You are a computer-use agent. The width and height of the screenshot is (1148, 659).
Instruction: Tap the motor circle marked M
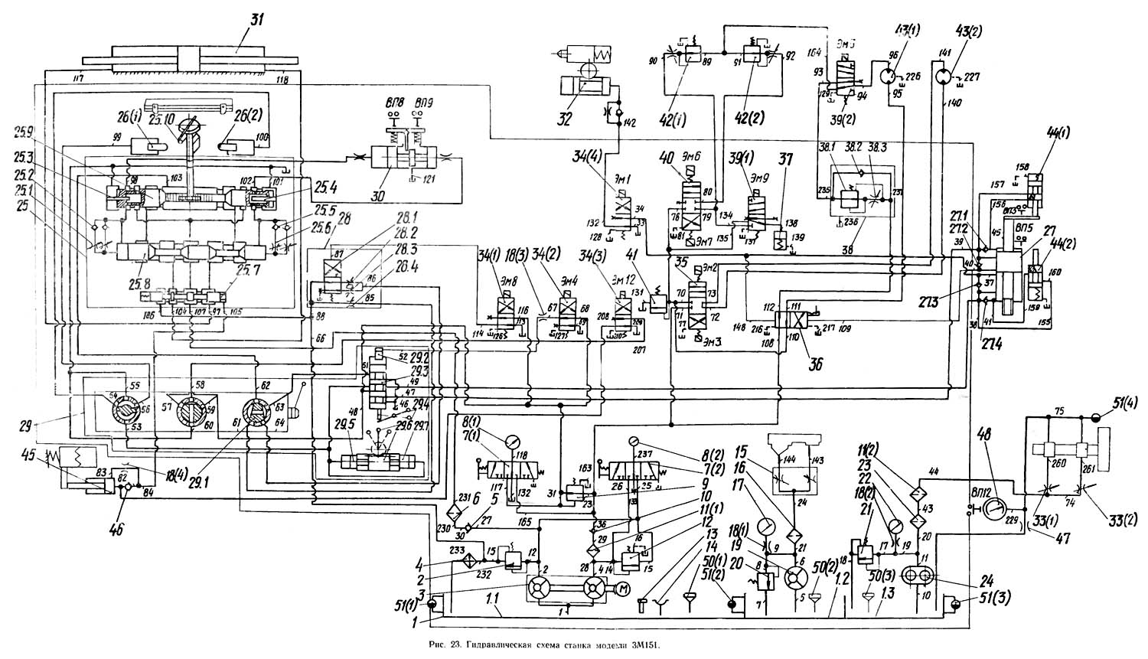[621, 588]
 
